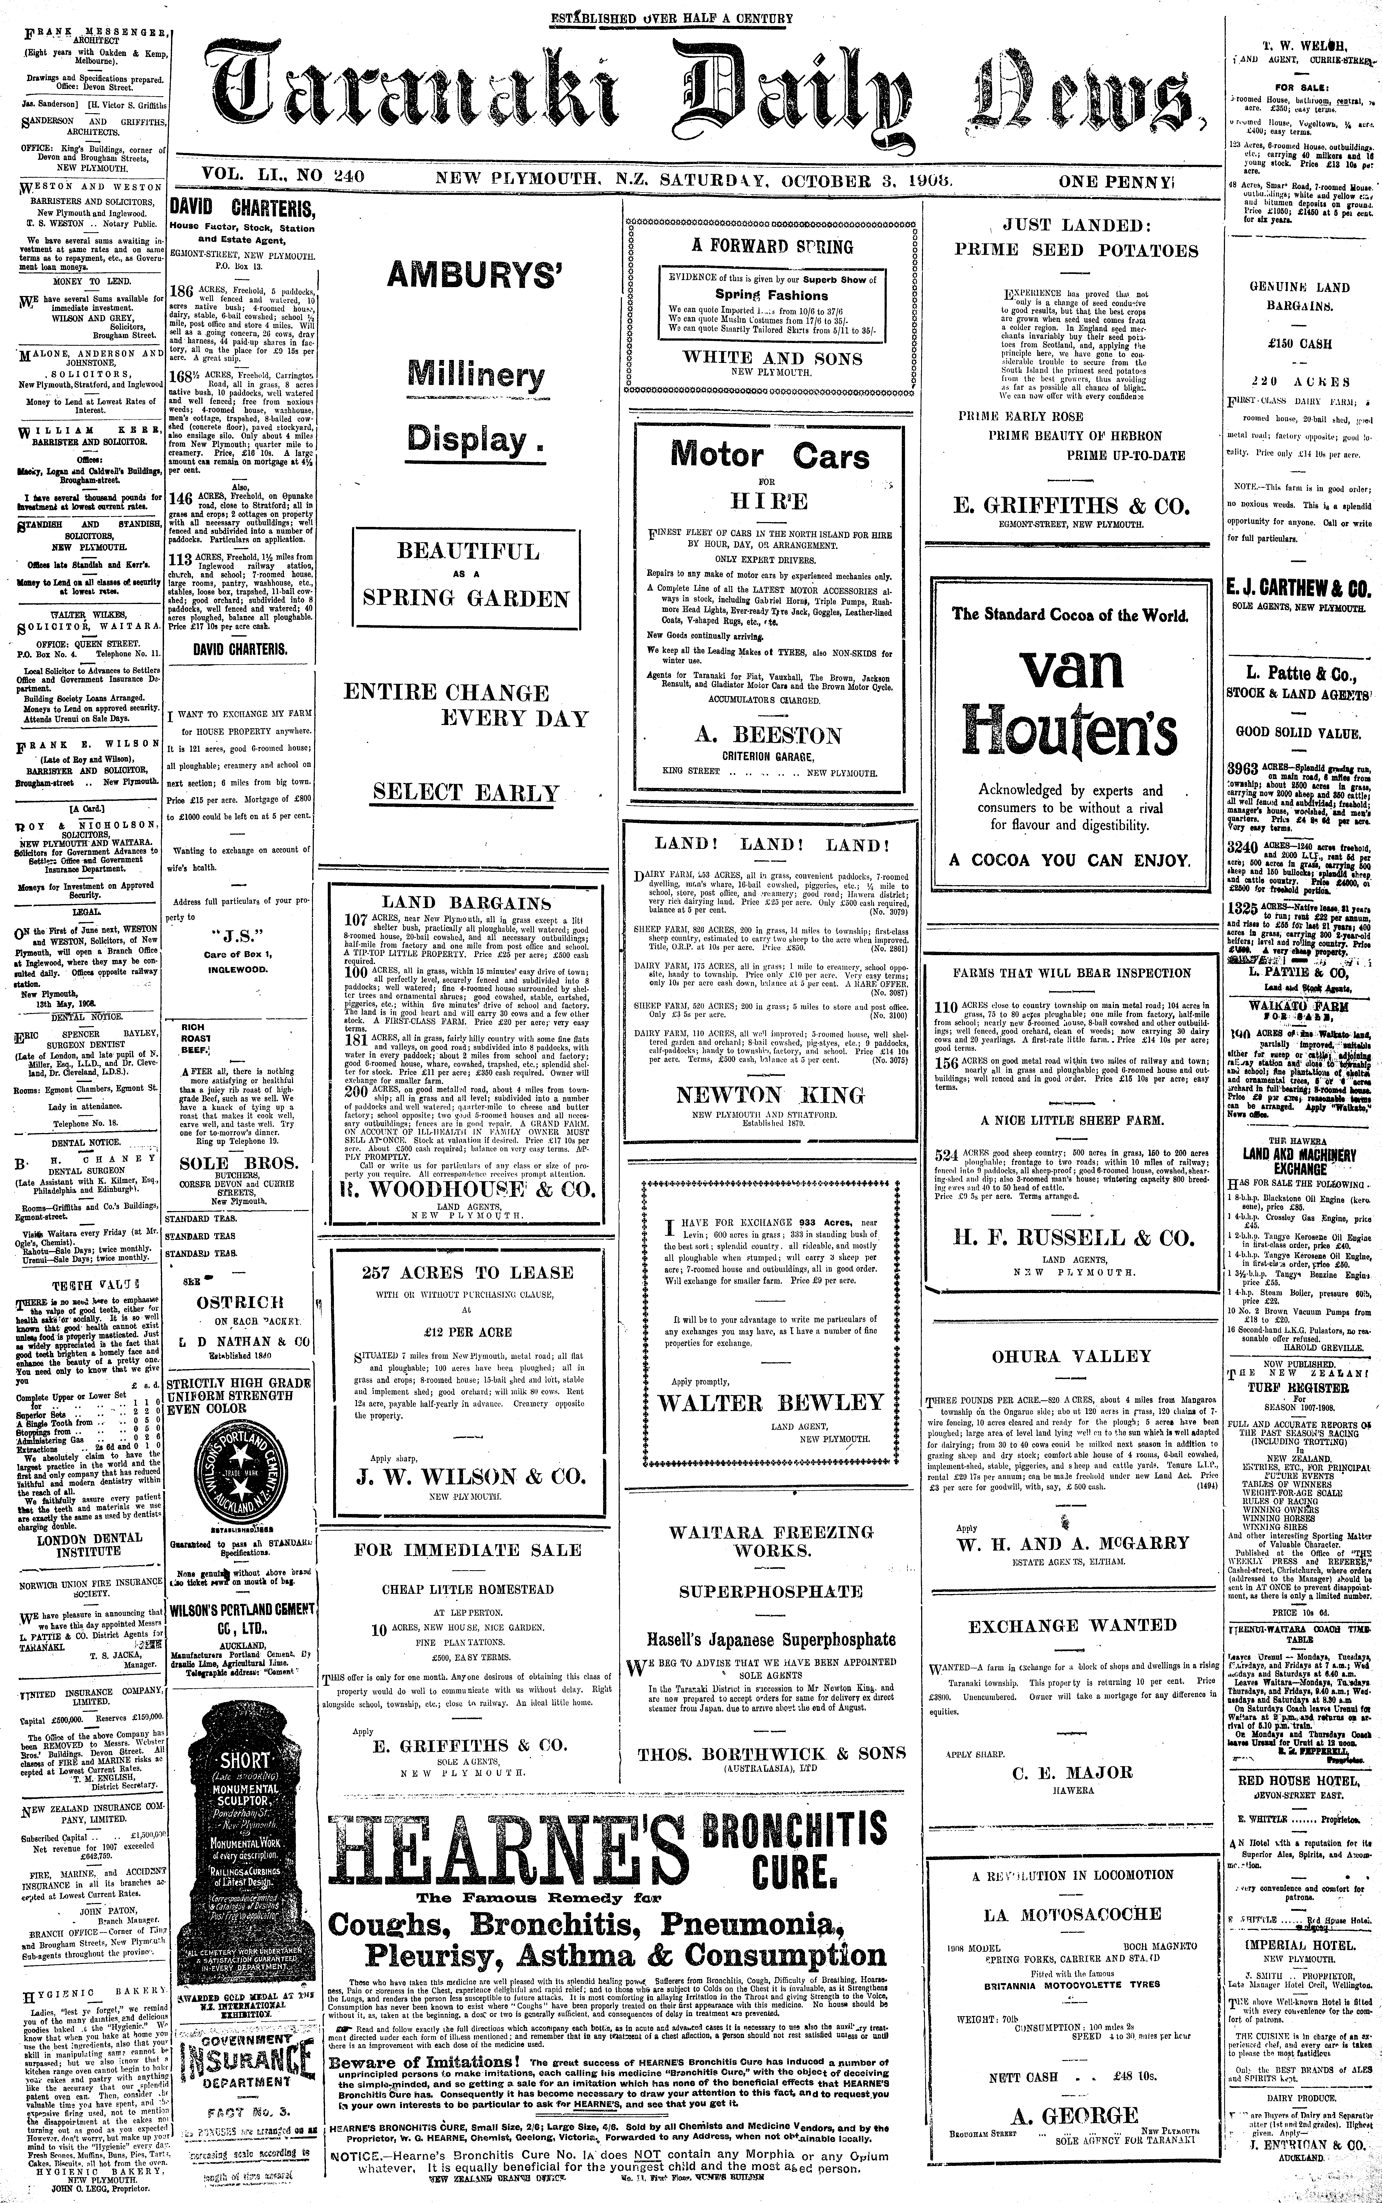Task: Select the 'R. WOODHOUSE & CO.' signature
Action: click(467, 1190)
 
